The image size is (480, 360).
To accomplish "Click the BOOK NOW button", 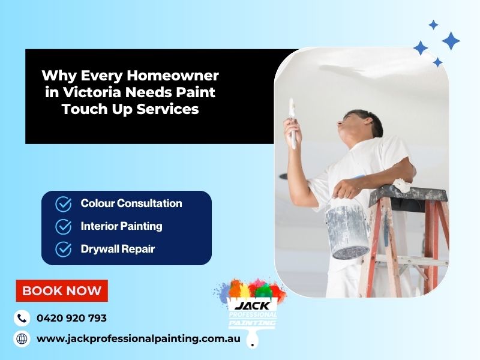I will point(62,291).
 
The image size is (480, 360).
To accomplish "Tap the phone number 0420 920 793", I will point(71,318).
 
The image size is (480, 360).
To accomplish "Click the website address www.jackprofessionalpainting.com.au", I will point(139,338).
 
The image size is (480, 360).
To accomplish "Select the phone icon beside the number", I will point(22,318).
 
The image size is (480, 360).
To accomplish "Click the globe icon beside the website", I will point(22,338).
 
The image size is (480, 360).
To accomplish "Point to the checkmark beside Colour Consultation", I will point(64,204).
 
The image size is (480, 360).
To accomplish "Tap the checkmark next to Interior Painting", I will point(64,226).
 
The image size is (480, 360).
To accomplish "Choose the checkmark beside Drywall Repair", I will point(64,249).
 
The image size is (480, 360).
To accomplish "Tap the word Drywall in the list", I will point(100,248).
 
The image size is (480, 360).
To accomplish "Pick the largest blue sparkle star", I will point(451,41).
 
